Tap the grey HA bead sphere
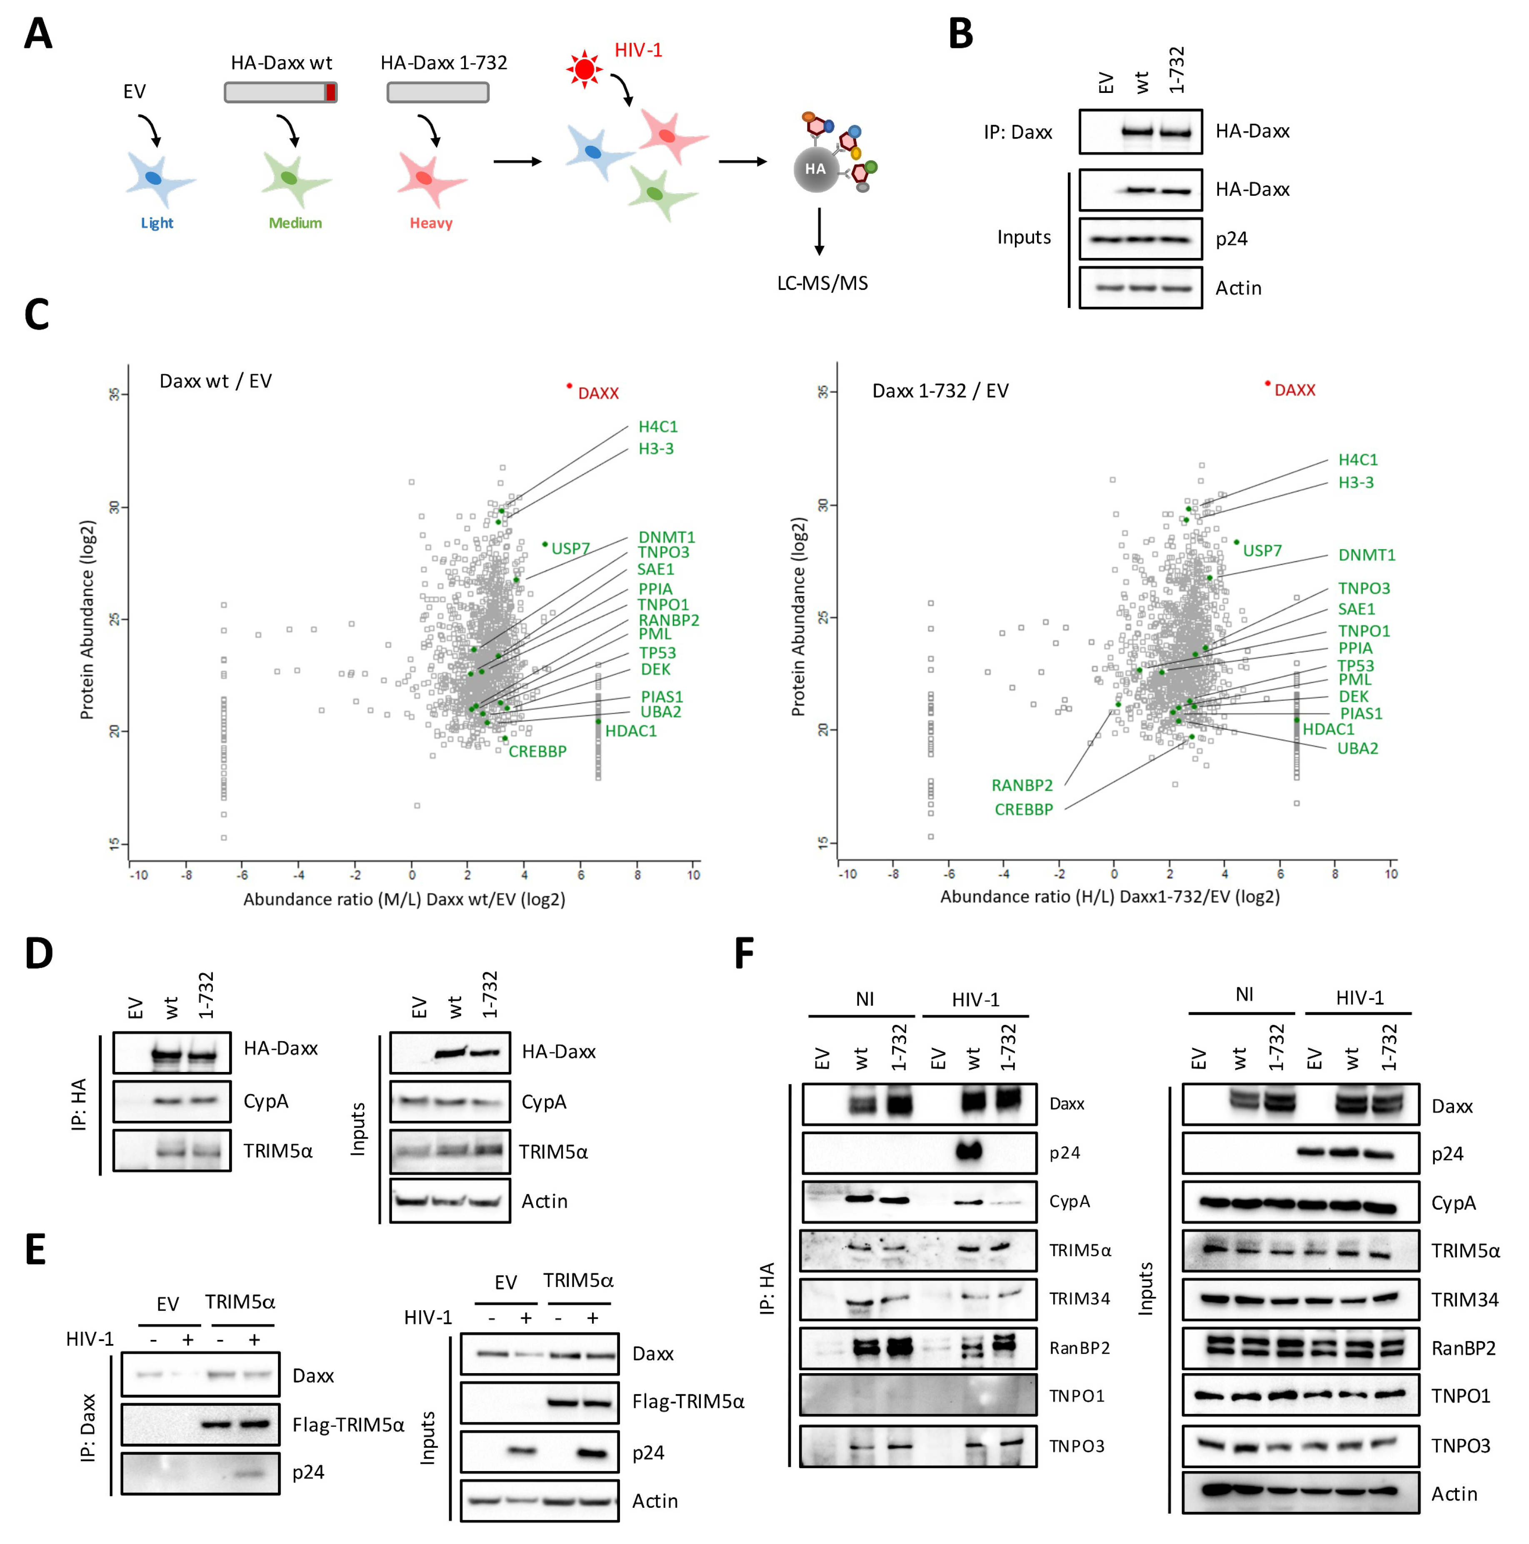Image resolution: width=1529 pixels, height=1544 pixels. (x=815, y=170)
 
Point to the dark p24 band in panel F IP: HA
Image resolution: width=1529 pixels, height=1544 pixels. (x=969, y=1152)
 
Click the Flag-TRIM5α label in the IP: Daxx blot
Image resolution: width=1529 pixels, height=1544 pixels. (x=348, y=1425)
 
